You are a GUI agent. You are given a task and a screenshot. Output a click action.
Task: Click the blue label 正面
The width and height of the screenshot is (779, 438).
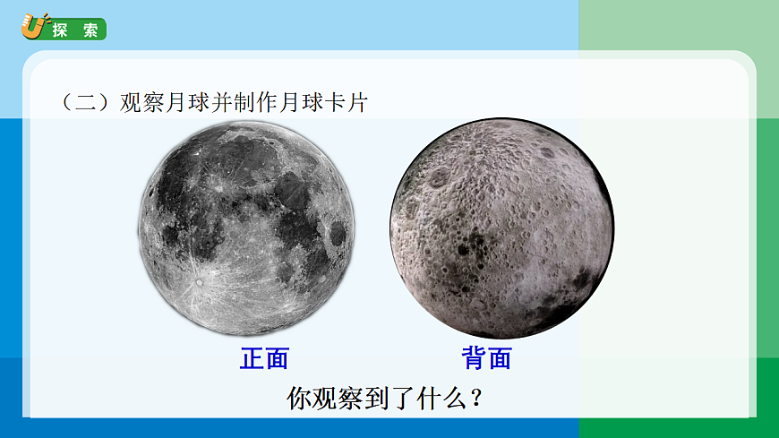point(264,359)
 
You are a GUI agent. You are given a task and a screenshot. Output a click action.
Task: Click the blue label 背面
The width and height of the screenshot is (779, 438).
point(486,359)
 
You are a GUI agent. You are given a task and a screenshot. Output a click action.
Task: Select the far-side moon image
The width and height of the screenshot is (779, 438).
point(501,228)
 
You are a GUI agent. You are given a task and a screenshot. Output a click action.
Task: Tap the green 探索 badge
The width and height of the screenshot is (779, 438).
point(75,30)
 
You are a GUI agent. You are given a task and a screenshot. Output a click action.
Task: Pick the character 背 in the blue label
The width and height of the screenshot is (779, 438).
point(474,359)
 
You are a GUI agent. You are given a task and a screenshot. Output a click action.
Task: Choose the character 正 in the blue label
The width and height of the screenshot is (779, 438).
point(252,359)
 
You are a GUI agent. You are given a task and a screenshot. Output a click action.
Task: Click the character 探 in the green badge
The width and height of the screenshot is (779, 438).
point(60,30)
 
